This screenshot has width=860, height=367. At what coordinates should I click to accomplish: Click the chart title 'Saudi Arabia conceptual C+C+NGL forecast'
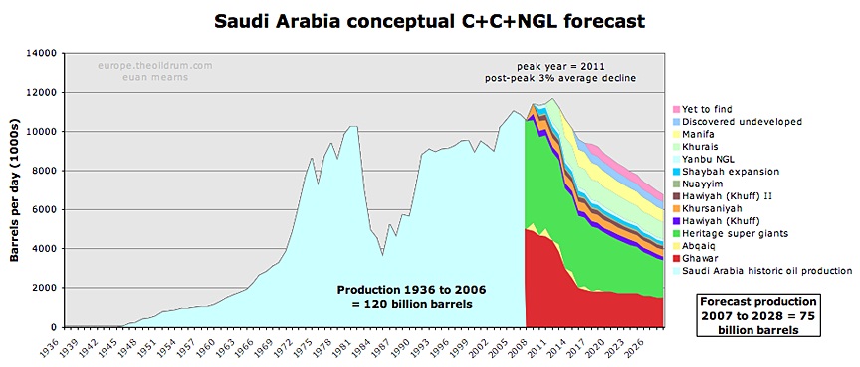(x=429, y=21)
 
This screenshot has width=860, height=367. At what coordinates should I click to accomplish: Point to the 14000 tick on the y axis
(x=46, y=53)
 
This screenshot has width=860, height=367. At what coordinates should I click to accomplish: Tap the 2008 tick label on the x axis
(x=526, y=346)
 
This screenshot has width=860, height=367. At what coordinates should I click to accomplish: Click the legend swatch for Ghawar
(x=677, y=258)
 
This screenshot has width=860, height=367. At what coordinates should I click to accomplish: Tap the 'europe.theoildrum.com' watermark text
(x=155, y=66)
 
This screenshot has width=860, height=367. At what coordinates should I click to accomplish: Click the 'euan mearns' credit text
(x=155, y=77)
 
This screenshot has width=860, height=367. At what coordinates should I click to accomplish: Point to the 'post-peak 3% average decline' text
(x=560, y=78)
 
